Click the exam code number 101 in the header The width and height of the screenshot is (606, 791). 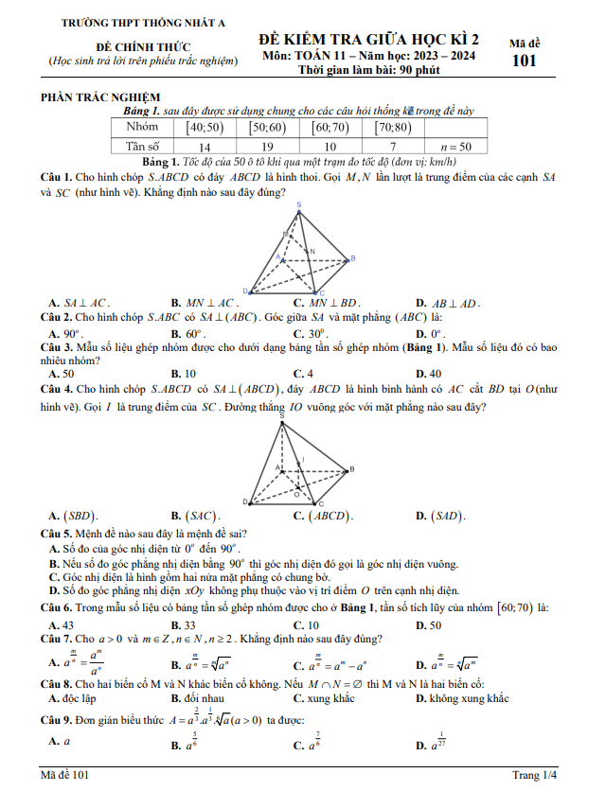523,62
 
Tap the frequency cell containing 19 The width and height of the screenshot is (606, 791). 268,147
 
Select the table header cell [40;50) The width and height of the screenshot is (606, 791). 205,127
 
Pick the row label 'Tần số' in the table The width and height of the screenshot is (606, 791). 143,147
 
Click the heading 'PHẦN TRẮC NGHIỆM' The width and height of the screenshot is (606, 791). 99,97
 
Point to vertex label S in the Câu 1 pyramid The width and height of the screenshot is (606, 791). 300,205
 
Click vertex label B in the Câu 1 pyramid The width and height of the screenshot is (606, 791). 352,257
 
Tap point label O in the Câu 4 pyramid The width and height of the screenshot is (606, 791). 299,492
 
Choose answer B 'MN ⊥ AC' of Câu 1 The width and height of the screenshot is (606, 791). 204,303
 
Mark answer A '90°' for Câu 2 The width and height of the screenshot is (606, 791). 66,334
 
